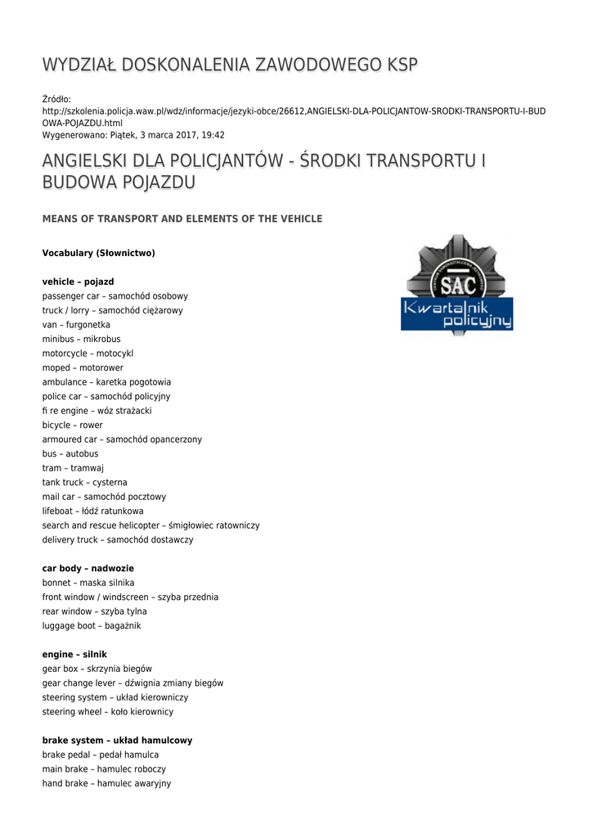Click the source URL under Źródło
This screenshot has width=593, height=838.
(x=294, y=116)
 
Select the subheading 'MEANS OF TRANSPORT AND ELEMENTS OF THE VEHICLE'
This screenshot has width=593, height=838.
(x=182, y=219)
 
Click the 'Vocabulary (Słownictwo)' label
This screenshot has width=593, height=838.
(x=98, y=254)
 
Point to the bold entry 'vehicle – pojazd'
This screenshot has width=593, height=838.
(x=79, y=282)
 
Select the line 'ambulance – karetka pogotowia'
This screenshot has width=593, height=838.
(x=106, y=382)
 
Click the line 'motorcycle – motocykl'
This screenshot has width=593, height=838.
(x=88, y=354)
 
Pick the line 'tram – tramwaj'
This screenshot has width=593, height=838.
(x=73, y=468)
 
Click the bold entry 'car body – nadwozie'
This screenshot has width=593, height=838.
(x=88, y=569)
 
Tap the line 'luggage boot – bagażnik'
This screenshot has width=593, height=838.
(x=92, y=626)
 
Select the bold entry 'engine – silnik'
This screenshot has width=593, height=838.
(x=74, y=655)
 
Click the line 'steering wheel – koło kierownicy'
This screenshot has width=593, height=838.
(x=108, y=712)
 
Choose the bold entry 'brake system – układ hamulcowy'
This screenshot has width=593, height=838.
(x=117, y=741)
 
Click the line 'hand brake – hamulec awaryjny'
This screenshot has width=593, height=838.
(x=106, y=783)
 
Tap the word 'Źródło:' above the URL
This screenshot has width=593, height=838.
(x=57, y=99)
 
